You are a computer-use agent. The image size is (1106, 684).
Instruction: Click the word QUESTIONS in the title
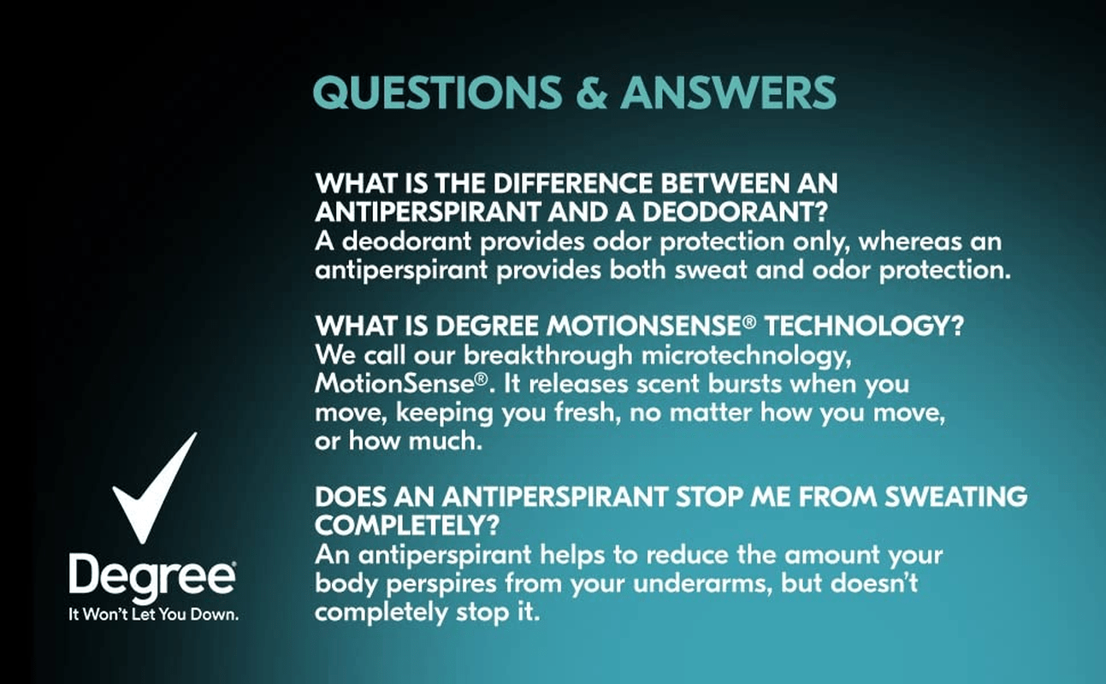pyautogui.click(x=437, y=92)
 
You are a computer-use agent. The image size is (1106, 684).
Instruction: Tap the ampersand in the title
pyautogui.click(x=592, y=92)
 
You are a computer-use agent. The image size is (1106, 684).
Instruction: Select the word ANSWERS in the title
pyautogui.click(x=728, y=92)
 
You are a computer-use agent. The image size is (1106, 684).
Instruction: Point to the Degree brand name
pyautogui.click(x=152, y=577)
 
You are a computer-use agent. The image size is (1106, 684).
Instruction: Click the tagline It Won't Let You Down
pyautogui.click(x=154, y=615)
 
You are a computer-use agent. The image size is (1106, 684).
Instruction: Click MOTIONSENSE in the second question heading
pyautogui.click(x=644, y=326)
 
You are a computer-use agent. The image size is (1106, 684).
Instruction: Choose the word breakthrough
pyautogui.click(x=548, y=356)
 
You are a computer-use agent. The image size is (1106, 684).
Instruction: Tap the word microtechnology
pyautogui.click(x=746, y=357)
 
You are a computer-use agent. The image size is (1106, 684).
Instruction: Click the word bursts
pyautogui.click(x=745, y=383)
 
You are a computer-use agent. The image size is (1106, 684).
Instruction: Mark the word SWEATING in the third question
pyautogui.click(x=956, y=497)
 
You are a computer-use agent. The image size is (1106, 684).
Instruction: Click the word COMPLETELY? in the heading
pyautogui.click(x=407, y=525)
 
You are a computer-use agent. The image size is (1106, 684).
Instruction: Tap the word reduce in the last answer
pyautogui.click(x=688, y=555)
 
